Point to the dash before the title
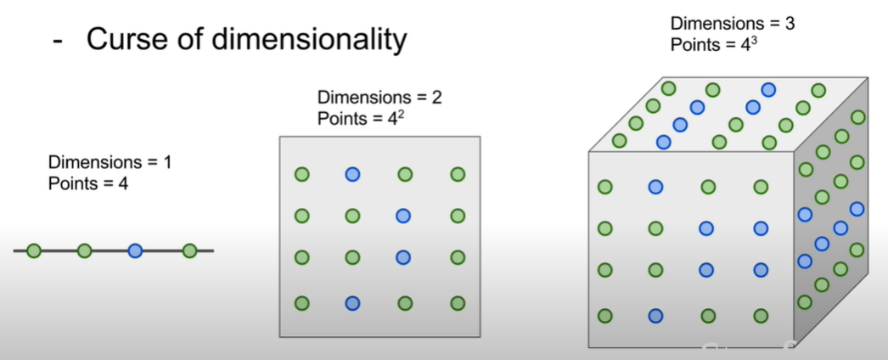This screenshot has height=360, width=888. (x=57, y=40)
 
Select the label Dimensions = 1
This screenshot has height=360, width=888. (x=110, y=161)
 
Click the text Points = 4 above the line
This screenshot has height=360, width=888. (x=88, y=182)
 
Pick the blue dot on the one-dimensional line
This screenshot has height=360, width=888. (x=135, y=250)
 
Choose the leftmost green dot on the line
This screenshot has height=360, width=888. (x=33, y=250)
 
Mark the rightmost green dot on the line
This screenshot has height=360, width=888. (x=189, y=250)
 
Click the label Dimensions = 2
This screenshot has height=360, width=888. (x=379, y=98)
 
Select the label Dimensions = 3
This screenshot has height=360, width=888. (x=732, y=24)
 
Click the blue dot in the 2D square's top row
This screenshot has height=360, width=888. (x=352, y=175)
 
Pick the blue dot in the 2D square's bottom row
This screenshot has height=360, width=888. (x=352, y=303)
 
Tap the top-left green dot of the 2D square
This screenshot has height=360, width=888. (x=301, y=175)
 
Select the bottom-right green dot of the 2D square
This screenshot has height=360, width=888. (x=458, y=303)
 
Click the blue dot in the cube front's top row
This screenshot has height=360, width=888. (x=655, y=187)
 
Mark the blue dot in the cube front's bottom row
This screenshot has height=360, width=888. (x=655, y=316)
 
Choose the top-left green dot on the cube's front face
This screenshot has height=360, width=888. (x=605, y=187)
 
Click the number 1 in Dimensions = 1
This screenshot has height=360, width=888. (x=167, y=161)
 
